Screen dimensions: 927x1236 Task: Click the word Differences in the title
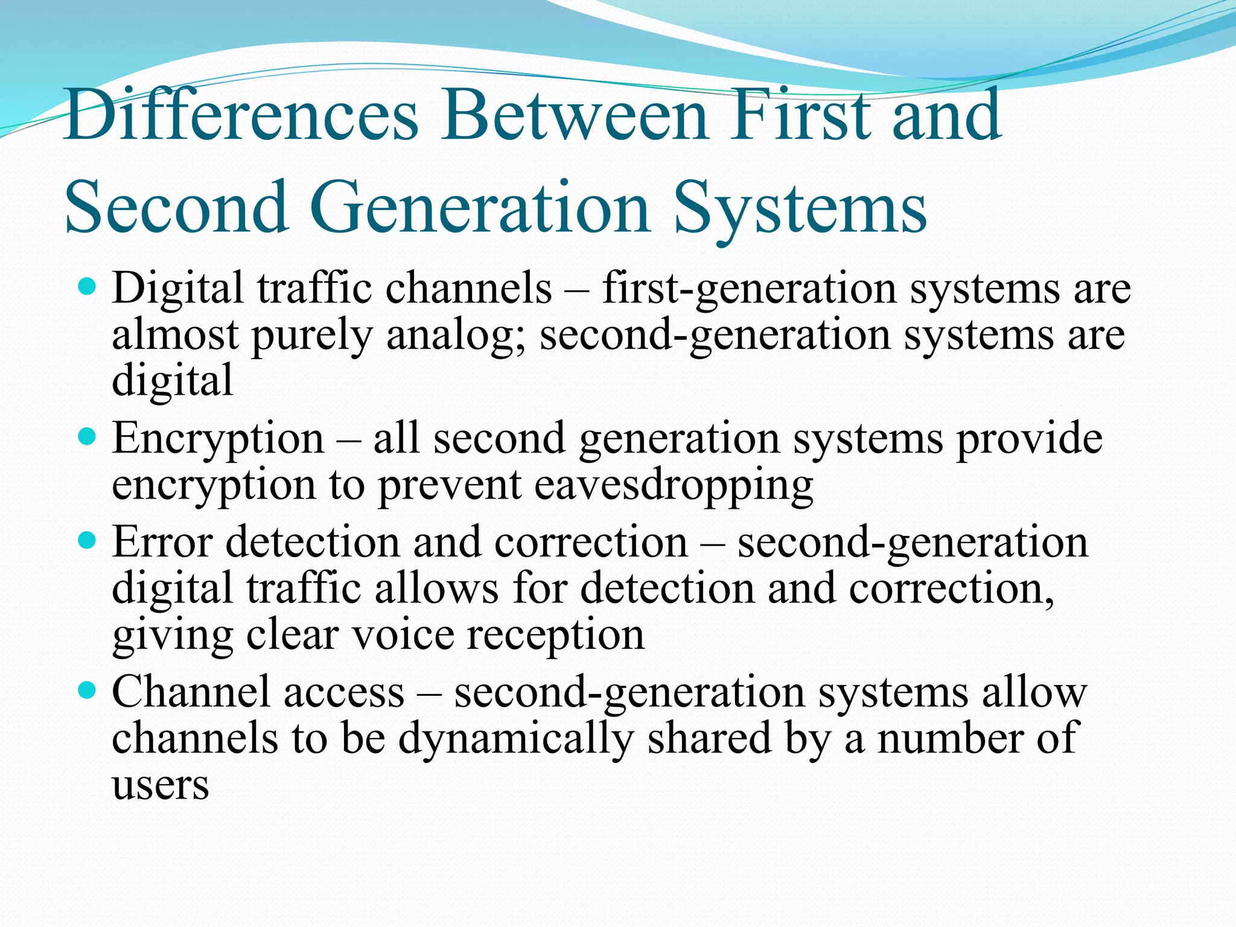pyautogui.click(x=241, y=115)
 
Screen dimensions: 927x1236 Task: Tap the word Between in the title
pyautogui.click(x=574, y=115)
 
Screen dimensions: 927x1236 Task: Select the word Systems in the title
pyautogui.click(x=800, y=208)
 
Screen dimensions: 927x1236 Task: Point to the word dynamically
pyautogui.click(x=516, y=740)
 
